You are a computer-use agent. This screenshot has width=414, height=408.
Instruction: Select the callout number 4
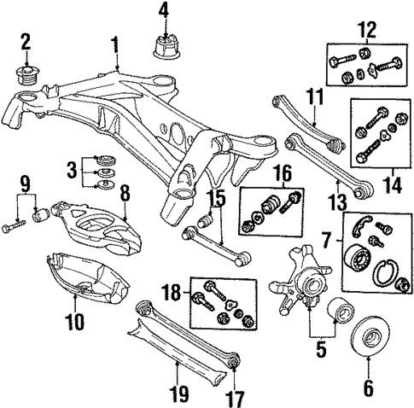pos(163,12)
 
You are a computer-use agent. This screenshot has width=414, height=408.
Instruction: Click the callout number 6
pos(368,388)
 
